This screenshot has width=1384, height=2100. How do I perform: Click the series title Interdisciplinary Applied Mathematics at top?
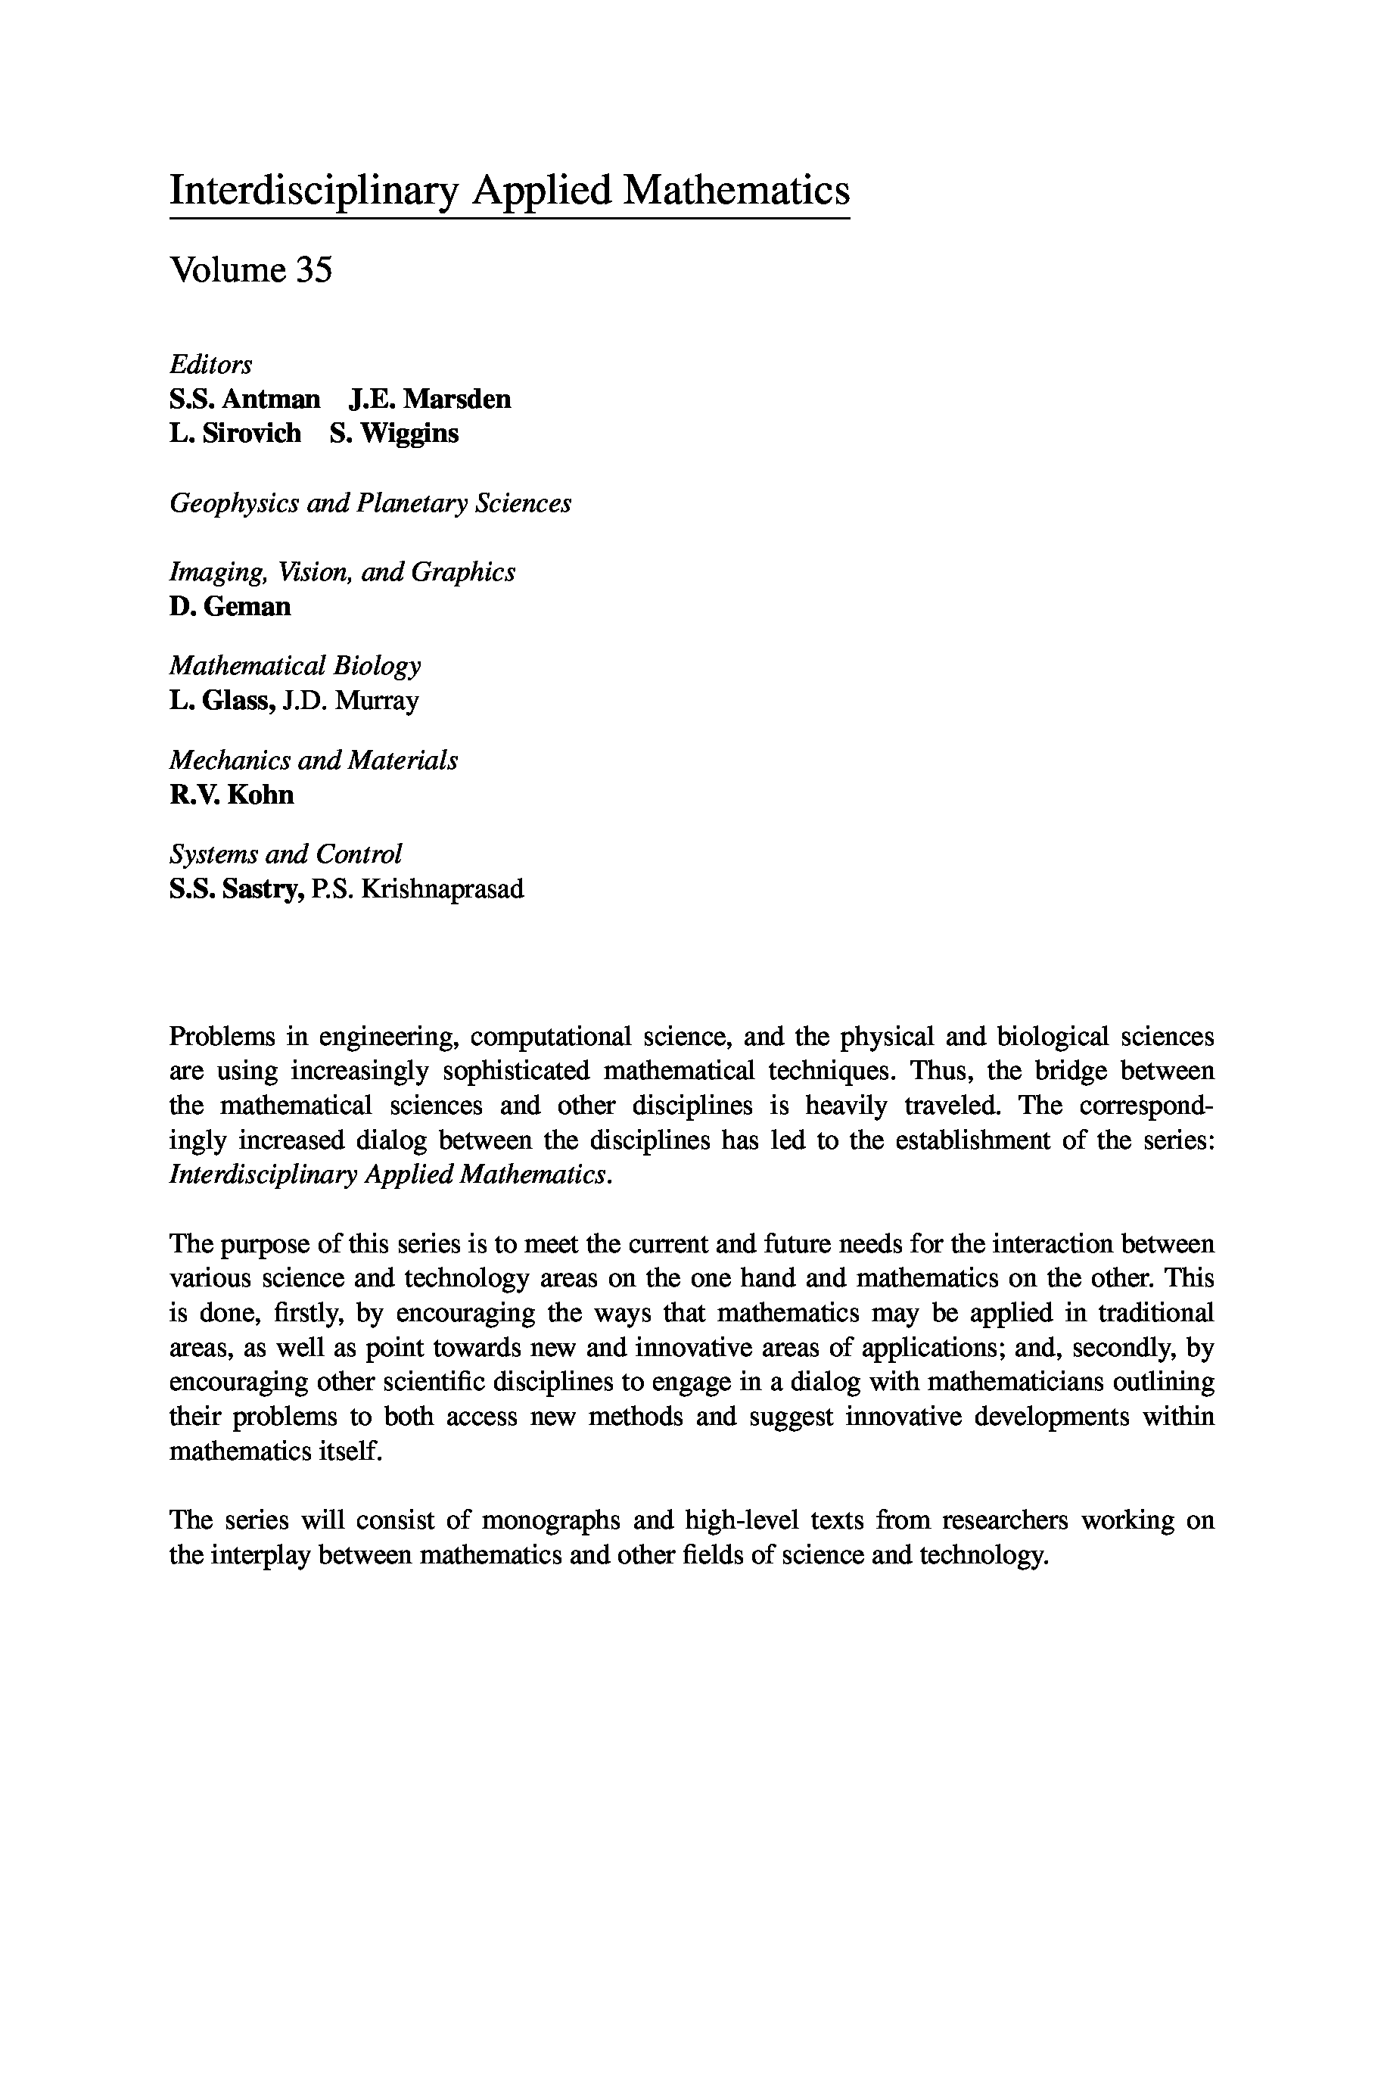pyautogui.click(x=509, y=191)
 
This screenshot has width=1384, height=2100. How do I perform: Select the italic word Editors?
pyautogui.click(x=210, y=365)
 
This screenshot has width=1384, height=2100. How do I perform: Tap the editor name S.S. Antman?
pyautogui.click(x=244, y=399)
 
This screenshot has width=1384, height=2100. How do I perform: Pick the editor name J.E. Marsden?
pyautogui.click(x=430, y=399)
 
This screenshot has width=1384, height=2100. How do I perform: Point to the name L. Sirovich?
pyautogui.click(x=235, y=434)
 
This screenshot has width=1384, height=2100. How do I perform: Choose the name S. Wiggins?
pyautogui.click(x=394, y=434)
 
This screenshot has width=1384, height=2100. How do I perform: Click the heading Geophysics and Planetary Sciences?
pyautogui.click(x=370, y=503)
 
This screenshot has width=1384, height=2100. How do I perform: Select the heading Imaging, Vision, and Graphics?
pyautogui.click(x=341, y=572)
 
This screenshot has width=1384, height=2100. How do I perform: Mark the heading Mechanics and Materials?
pyautogui.click(x=313, y=760)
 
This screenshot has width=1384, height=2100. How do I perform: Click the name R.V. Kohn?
pyautogui.click(x=232, y=795)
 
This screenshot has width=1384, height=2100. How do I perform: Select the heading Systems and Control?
pyautogui.click(x=285, y=854)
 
